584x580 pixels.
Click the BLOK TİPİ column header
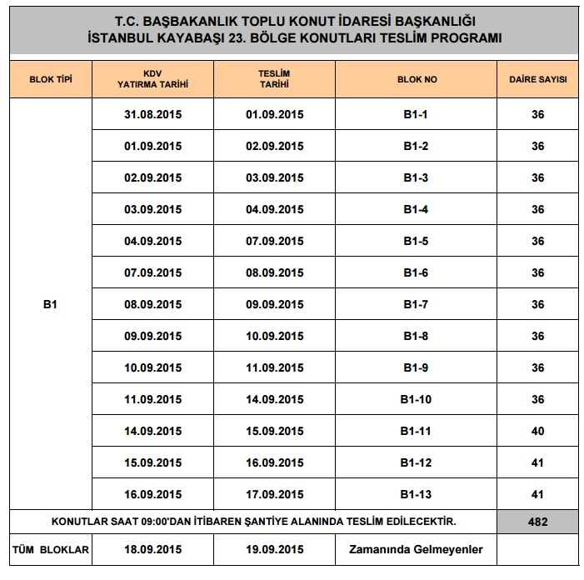pyautogui.click(x=50, y=80)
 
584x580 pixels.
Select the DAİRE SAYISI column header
pyautogui.click(x=537, y=80)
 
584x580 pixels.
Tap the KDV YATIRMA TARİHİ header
pyautogui.click(x=152, y=79)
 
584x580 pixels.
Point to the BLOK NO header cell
pyautogui.click(x=416, y=80)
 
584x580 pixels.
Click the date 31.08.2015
pyautogui.click(x=152, y=115)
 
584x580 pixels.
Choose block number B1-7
pyautogui.click(x=416, y=305)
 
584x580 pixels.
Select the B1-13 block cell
pyautogui.click(x=416, y=495)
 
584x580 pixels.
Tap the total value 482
pyautogui.click(x=537, y=522)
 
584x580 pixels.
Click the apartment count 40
pyautogui.click(x=537, y=432)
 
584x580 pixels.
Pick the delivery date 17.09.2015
pyautogui.click(x=274, y=495)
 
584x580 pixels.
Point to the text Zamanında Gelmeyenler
pyautogui.click(x=416, y=550)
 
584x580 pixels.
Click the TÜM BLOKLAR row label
pyautogui.click(x=50, y=550)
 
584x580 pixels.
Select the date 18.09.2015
pyautogui.click(x=152, y=550)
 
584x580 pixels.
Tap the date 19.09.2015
pyautogui.click(x=274, y=550)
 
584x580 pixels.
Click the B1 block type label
pyautogui.click(x=50, y=305)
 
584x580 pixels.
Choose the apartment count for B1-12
pyautogui.click(x=537, y=463)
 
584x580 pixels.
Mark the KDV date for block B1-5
pyautogui.click(x=152, y=242)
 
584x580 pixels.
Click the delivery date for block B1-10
pyautogui.click(x=274, y=400)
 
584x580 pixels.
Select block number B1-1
pyautogui.click(x=416, y=115)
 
